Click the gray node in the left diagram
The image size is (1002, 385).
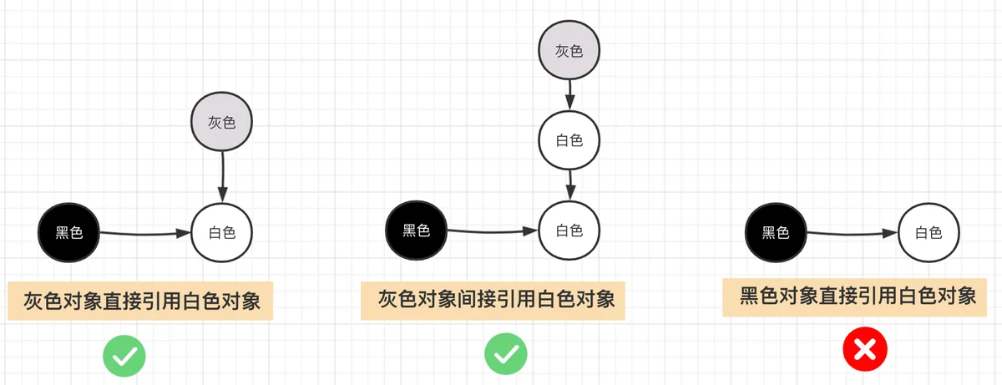point(222,122)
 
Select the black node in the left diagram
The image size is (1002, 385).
point(68,232)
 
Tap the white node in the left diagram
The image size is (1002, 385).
point(222,232)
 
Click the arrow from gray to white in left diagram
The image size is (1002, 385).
point(222,177)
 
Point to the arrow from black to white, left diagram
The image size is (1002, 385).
point(145,233)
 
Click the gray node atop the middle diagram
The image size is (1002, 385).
point(569,50)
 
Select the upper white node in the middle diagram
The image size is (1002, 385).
point(569,140)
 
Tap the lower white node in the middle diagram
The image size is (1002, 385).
point(569,230)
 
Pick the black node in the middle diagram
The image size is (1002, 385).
point(417,230)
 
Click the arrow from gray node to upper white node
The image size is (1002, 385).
point(569,95)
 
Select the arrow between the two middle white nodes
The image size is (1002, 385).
point(569,185)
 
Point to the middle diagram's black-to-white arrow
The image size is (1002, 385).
point(493,231)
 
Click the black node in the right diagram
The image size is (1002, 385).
point(776,232)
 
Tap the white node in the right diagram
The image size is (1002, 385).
point(929,232)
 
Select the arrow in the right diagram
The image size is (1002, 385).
point(853,233)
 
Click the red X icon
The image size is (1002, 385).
point(865,349)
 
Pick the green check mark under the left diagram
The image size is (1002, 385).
point(124,356)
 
